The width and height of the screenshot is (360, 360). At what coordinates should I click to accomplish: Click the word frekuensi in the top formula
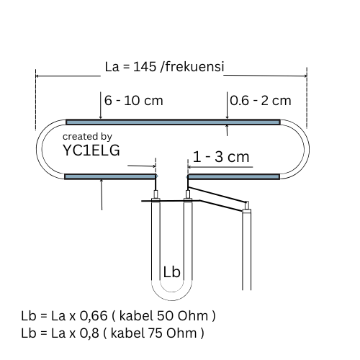click(x=194, y=66)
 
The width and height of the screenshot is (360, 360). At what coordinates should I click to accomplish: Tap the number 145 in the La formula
click(x=145, y=66)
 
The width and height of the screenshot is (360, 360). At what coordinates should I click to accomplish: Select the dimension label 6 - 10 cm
click(x=134, y=100)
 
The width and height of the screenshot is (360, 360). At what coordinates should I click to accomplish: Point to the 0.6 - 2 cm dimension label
click(x=261, y=100)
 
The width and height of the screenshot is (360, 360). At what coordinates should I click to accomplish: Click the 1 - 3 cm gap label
click(x=221, y=157)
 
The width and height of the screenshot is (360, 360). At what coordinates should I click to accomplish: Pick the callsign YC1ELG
click(x=91, y=150)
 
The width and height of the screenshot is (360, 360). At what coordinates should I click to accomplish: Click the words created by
click(x=87, y=137)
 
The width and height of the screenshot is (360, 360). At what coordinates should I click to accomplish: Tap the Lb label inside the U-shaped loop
click(x=171, y=272)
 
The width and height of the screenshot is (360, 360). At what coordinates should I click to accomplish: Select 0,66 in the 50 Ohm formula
click(x=94, y=316)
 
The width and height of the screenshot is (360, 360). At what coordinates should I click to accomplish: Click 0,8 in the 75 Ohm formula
click(x=89, y=333)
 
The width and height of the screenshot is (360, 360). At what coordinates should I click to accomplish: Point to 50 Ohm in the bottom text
click(x=182, y=316)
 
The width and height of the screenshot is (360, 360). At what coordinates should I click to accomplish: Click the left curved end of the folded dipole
click(x=39, y=149)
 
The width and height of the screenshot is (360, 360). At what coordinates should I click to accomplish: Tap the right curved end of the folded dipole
click(x=307, y=149)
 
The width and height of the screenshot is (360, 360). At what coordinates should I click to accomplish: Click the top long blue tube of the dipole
click(x=173, y=122)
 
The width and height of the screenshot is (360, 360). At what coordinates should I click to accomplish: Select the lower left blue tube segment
click(x=110, y=177)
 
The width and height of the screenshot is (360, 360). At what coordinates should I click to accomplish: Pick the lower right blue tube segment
click(x=233, y=177)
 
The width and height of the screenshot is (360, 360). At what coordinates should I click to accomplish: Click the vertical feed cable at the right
click(x=246, y=250)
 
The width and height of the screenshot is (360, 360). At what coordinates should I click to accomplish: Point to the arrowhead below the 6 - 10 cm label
click(x=101, y=117)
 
